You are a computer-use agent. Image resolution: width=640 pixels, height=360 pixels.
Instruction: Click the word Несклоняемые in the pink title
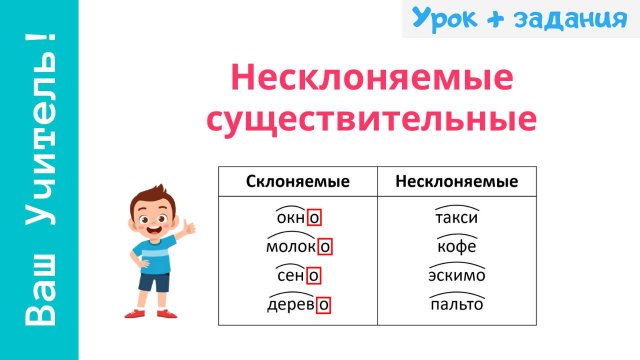(x=371, y=78)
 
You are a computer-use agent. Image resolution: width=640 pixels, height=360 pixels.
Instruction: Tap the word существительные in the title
(x=371, y=118)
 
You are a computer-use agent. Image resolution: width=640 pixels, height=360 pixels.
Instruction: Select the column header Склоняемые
(x=297, y=181)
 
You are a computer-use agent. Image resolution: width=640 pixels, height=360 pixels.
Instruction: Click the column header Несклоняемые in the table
(x=456, y=181)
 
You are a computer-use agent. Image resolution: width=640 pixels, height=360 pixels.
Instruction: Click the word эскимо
(x=457, y=275)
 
